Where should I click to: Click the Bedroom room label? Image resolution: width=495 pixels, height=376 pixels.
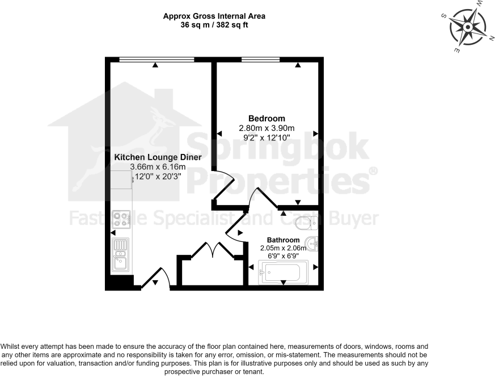tap(266, 118)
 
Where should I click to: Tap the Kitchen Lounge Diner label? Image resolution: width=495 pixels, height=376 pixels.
tap(158, 157)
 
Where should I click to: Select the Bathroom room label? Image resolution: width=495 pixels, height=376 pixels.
tap(284, 240)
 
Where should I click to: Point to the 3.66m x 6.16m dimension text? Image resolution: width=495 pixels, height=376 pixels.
tap(158, 166)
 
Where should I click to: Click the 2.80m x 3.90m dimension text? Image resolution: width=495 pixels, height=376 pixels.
tap(266, 128)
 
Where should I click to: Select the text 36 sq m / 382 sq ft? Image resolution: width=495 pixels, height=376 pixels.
tap(214, 25)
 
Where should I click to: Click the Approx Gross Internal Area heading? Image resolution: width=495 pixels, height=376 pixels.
tap(214, 16)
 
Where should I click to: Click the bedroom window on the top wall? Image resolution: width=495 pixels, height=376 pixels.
tap(260, 59)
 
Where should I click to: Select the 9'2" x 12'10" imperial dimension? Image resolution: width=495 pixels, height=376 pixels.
tap(266, 137)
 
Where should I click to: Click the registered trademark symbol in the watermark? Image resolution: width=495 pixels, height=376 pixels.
tap(373, 170)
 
